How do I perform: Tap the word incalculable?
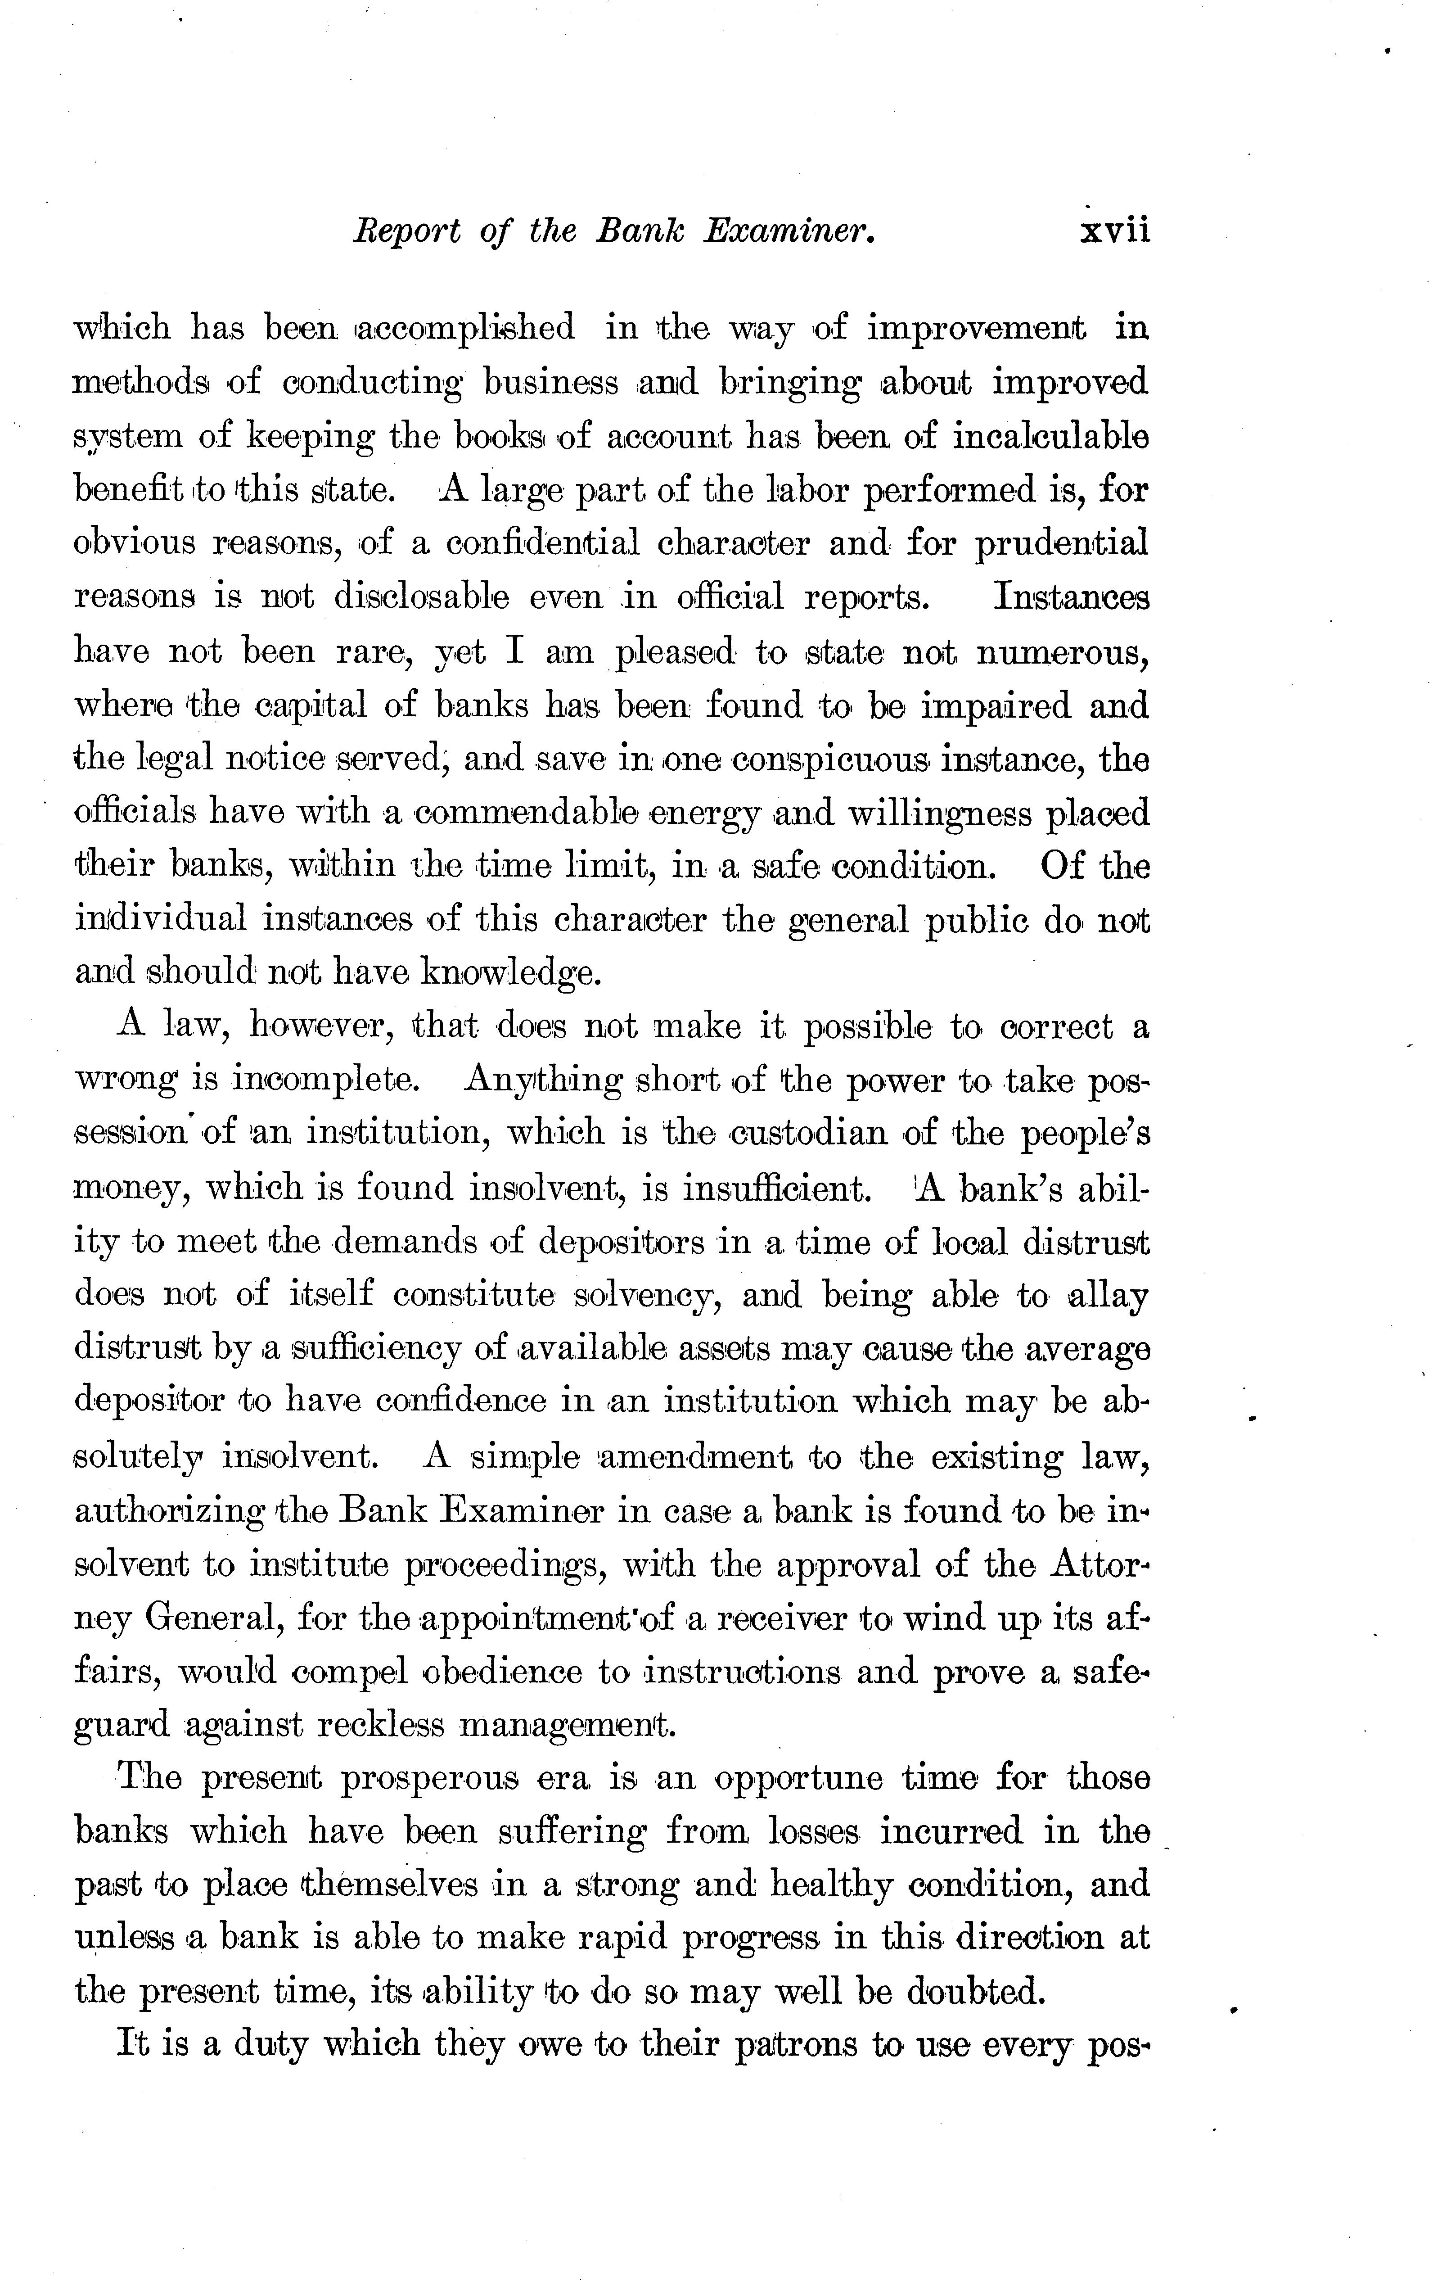(1050, 436)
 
